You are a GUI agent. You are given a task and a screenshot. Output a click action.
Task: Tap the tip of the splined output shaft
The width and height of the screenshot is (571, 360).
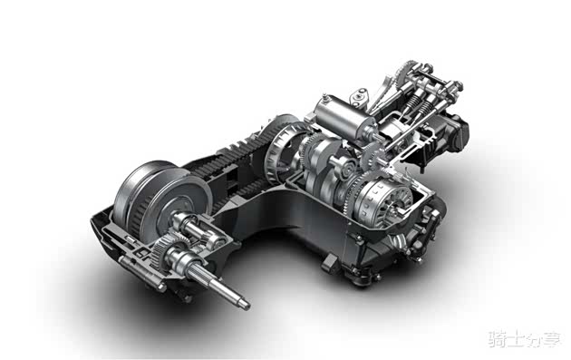[x=247, y=305]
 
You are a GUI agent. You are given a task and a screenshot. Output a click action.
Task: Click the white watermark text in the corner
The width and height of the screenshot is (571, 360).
[x=524, y=339]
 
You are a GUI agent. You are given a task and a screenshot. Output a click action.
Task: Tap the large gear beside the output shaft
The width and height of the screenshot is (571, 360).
[x=163, y=250]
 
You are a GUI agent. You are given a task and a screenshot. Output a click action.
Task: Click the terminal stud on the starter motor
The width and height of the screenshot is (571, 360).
[x=324, y=98]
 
